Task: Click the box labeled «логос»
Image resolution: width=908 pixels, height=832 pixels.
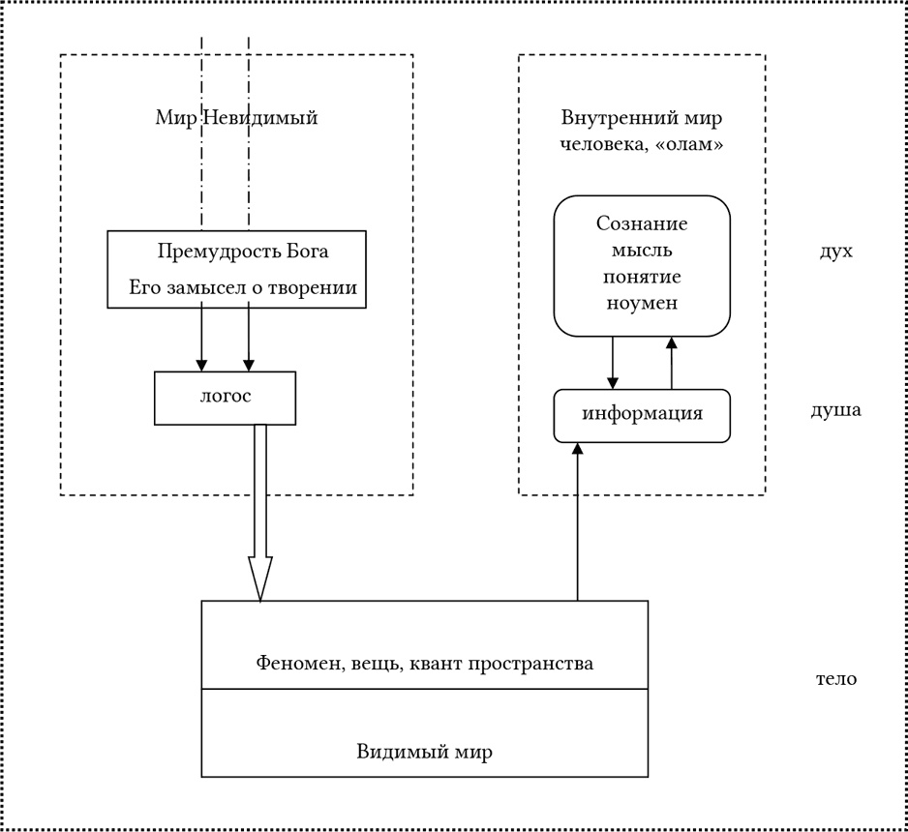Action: [x=225, y=398]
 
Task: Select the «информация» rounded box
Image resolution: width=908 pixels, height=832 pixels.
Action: [x=642, y=416]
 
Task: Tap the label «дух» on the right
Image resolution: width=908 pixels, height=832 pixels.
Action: [x=836, y=252]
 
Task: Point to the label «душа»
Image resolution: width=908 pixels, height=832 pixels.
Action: [x=835, y=409]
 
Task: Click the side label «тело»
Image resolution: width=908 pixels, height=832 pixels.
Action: [x=836, y=678]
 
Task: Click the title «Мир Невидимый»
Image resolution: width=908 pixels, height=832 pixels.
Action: [x=236, y=117]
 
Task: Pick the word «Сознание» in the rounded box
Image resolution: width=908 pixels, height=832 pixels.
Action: [x=642, y=223]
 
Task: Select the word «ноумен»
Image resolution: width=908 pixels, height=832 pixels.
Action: [x=642, y=303]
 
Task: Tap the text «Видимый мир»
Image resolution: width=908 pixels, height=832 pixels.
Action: [x=424, y=751]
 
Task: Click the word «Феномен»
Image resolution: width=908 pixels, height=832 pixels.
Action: [x=294, y=663]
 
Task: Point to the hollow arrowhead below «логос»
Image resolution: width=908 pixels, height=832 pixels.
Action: [x=260, y=579]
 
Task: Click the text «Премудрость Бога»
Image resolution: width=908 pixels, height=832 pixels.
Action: [x=243, y=252]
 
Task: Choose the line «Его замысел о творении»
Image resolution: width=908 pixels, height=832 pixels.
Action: [x=243, y=287]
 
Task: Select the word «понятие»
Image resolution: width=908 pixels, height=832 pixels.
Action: [x=642, y=277]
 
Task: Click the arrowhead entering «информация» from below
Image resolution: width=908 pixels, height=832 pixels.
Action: [x=577, y=449]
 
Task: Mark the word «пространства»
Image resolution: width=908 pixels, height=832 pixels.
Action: [x=530, y=665]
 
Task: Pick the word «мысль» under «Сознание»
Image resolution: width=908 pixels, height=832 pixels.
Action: [x=642, y=251]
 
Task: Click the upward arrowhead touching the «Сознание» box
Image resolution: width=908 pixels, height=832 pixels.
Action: [x=672, y=343]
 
